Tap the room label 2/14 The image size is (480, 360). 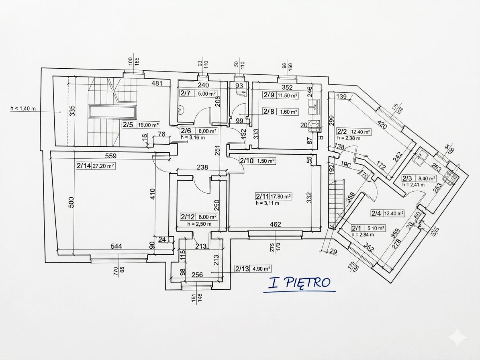coord(83,165)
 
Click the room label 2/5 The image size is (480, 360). coord(128,125)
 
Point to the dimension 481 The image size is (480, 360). coord(156,84)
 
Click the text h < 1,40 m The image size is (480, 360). coord(23,108)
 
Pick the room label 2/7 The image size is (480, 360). coord(185,93)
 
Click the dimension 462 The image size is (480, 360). coord(275,224)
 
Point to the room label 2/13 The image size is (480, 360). coord(242,269)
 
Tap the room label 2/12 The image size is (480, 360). coord(187,217)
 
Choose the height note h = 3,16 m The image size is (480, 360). coord(193,137)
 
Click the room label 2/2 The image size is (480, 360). coord(342,131)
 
